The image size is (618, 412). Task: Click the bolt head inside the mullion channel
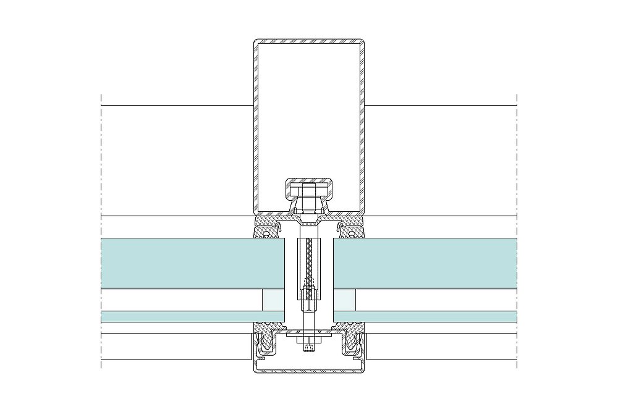click(x=308, y=189)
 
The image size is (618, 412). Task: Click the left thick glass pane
click(x=192, y=263)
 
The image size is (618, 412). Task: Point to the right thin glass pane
click(x=426, y=316)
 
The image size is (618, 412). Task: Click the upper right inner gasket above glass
click(x=351, y=232)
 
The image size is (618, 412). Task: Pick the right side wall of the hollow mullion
click(x=362, y=124)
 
